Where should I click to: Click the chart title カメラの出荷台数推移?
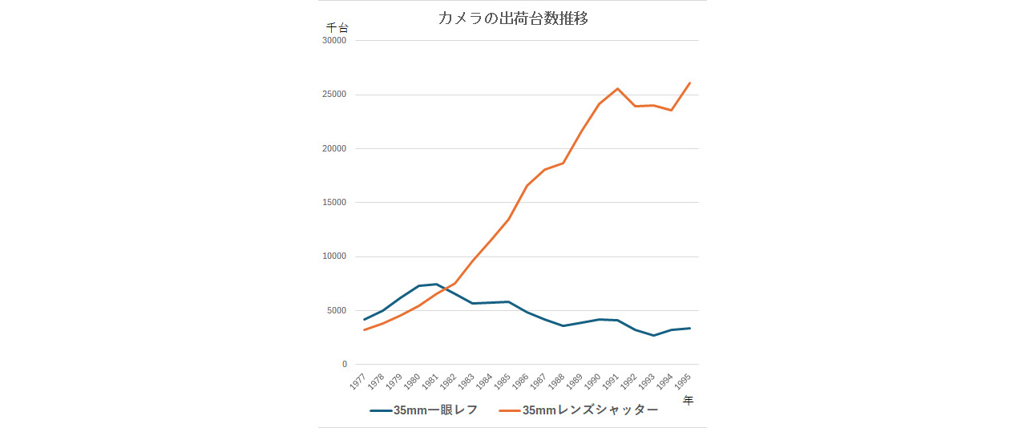pos(513,18)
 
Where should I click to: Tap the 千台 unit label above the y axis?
pos(337,27)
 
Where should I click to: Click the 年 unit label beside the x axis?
pos(688,401)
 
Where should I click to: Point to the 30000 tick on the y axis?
pos(334,40)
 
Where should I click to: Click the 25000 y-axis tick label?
pos(334,95)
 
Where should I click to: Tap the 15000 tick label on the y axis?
pos(334,203)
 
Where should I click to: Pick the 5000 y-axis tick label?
pos(337,311)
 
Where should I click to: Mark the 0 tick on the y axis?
pos(345,365)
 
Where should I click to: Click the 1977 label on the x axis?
pos(357,382)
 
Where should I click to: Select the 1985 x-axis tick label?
pos(503,382)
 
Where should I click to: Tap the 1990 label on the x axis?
pos(593,382)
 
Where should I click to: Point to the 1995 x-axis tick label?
pos(683,382)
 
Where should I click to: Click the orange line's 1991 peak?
pos(617,89)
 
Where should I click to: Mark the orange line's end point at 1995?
pos(689,83)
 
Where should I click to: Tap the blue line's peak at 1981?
pos(437,285)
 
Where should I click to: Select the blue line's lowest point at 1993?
pos(653,335)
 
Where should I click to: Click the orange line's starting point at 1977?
pos(365,329)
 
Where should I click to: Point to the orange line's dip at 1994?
pos(672,110)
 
